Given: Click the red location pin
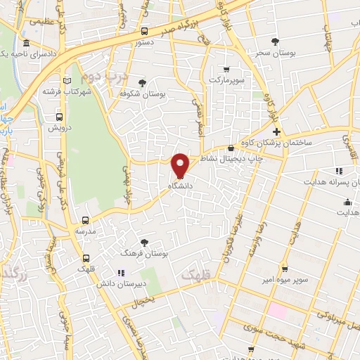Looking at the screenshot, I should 181,165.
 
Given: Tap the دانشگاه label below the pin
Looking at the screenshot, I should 181,186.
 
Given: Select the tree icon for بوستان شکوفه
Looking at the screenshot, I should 142,82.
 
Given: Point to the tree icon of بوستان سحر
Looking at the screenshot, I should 274,41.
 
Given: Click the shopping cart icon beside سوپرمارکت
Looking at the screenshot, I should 226,69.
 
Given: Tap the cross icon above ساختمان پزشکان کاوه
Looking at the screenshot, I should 276,131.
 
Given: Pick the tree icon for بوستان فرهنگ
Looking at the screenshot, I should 145,241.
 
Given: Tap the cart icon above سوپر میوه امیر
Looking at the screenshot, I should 284,268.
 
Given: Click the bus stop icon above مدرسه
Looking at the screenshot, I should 86,220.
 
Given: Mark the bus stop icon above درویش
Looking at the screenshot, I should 58,117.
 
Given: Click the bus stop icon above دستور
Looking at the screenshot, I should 144,32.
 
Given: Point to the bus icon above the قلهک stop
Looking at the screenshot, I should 86,258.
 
